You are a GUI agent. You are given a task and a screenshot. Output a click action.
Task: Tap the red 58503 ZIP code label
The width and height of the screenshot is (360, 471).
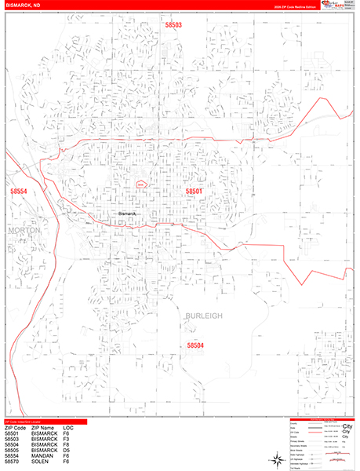pyautogui.click(x=173, y=25)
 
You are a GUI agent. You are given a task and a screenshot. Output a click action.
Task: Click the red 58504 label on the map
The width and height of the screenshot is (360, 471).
pyautogui.click(x=195, y=345)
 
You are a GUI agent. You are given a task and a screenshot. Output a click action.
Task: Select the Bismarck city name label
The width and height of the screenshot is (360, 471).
pyautogui.click(x=127, y=214)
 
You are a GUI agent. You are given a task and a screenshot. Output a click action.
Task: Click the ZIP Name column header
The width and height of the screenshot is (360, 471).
pyautogui.click(x=46, y=429)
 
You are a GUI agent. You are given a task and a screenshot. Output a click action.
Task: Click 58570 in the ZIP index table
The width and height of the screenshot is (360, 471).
pyautogui.click(x=12, y=466)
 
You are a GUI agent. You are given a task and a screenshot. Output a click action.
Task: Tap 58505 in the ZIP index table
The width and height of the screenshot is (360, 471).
pyautogui.click(x=12, y=453)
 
